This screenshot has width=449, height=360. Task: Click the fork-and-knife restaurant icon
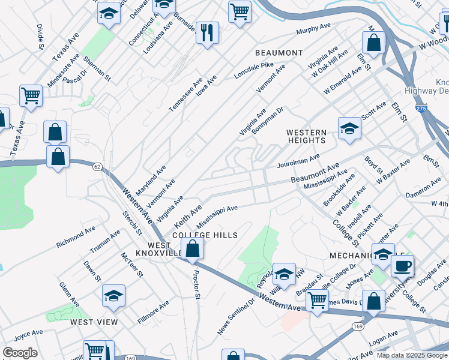click(x=207, y=33)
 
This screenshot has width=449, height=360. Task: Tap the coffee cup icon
click(x=402, y=265)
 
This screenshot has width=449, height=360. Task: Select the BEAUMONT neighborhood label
click(x=279, y=53)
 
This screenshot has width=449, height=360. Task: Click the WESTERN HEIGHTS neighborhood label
click(x=306, y=136)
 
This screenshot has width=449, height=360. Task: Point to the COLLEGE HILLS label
click(x=205, y=235)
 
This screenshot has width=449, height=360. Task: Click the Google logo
click(x=20, y=353)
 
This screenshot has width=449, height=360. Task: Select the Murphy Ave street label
click(x=314, y=30)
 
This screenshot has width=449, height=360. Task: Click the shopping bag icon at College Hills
click(x=193, y=249)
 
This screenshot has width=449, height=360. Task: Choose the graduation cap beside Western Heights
click(x=349, y=128)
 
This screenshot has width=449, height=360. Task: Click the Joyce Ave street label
click(x=28, y=334)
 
